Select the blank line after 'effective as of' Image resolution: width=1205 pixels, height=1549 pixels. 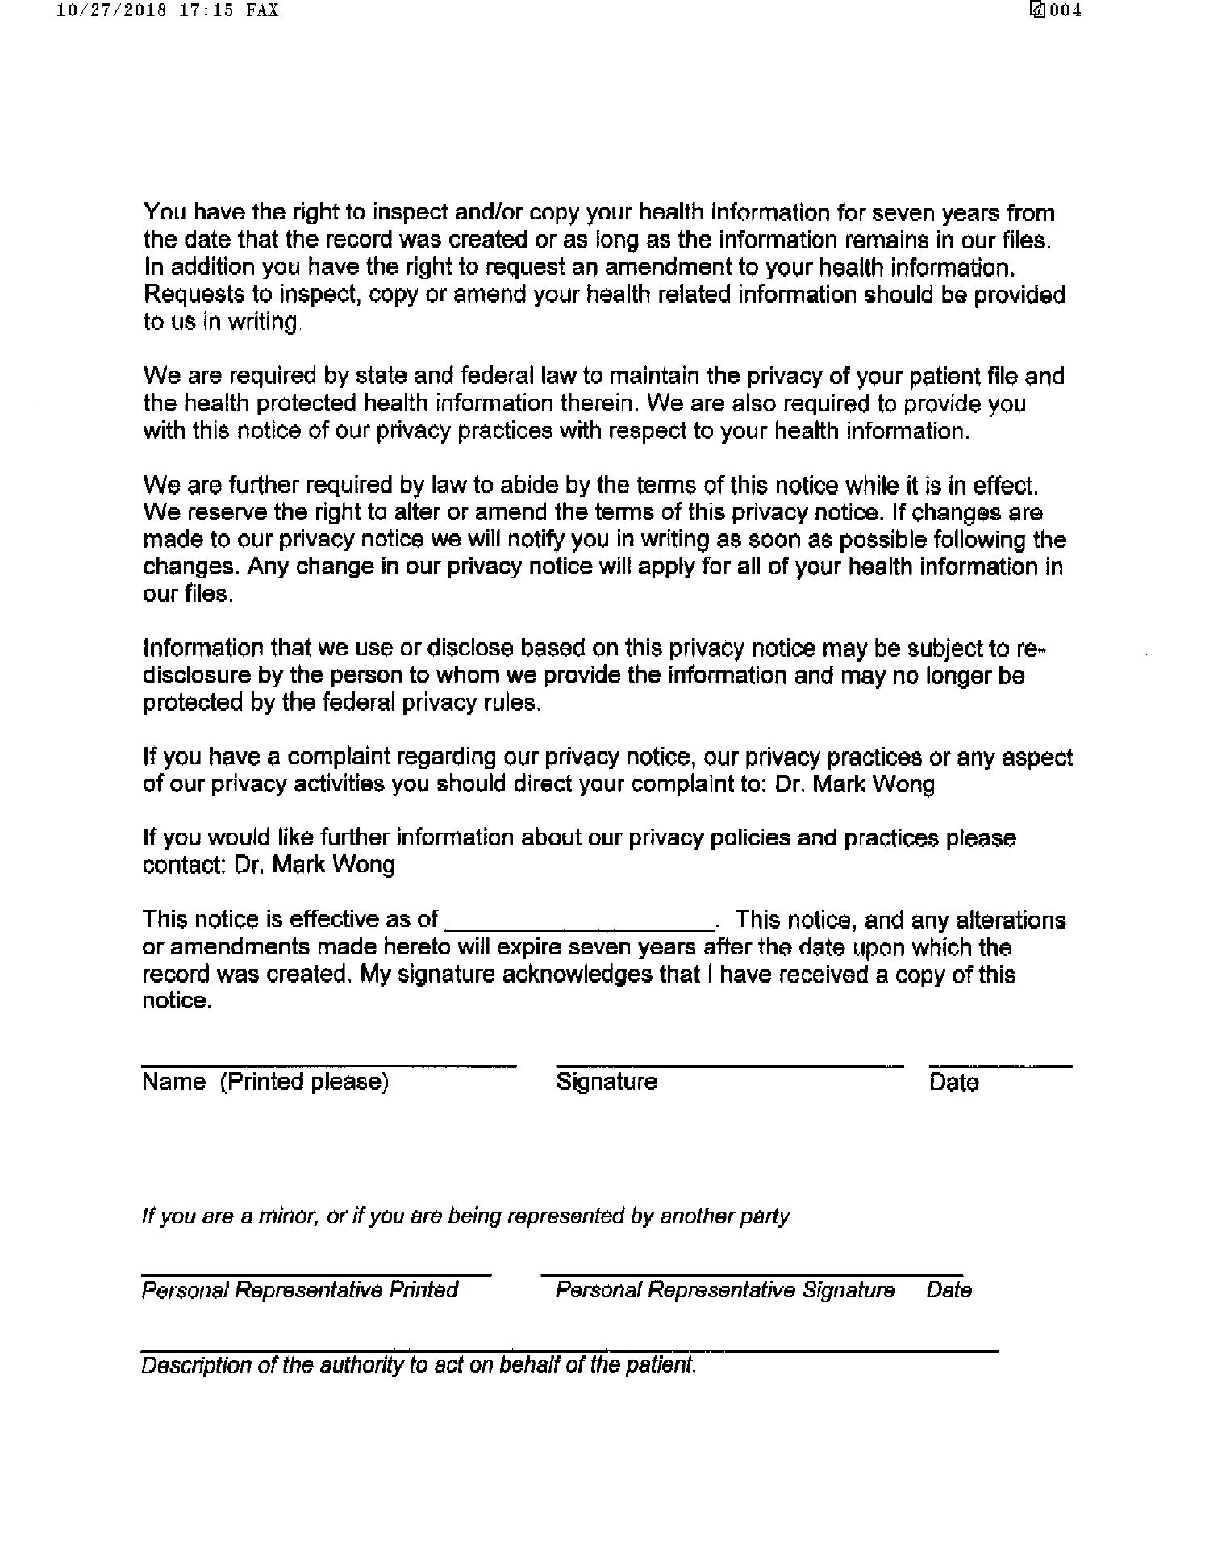(579, 926)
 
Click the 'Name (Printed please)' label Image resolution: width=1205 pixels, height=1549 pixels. (265, 1082)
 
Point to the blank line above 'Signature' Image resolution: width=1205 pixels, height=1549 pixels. (729, 1067)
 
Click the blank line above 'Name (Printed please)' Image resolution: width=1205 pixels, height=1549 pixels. (328, 1067)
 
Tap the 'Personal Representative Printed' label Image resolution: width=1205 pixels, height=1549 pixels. (300, 1290)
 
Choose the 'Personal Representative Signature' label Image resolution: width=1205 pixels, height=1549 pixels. (725, 1290)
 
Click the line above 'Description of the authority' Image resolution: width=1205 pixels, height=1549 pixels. (569, 1351)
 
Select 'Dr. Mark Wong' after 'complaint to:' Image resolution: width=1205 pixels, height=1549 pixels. (855, 784)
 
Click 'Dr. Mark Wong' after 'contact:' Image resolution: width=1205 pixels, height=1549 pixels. (315, 865)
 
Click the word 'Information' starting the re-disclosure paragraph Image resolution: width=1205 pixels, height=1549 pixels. (202, 648)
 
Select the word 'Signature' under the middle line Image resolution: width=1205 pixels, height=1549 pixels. (607, 1082)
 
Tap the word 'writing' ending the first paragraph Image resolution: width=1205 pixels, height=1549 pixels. (264, 322)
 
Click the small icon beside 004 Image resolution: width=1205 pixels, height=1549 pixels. (1038, 10)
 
